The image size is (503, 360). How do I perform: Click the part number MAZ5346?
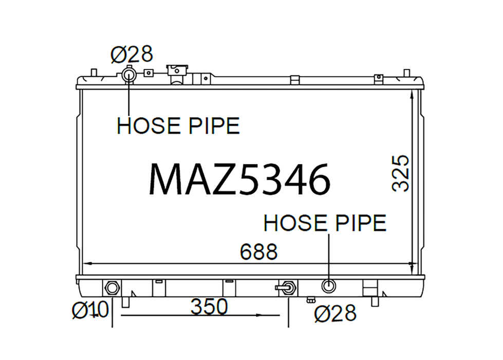(x=239, y=179)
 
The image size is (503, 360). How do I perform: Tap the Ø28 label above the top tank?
(x=132, y=55)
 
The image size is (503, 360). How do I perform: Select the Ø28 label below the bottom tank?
(x=335, y=313)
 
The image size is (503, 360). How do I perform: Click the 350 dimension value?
(x=209, y=307)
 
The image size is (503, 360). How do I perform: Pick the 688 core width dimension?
(x=258, y=251)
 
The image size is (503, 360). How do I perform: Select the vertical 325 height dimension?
(x=401, y=173)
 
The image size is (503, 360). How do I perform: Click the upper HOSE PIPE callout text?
(x=178, y=125)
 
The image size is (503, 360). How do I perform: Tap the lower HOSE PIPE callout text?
(x=325, y=223)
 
